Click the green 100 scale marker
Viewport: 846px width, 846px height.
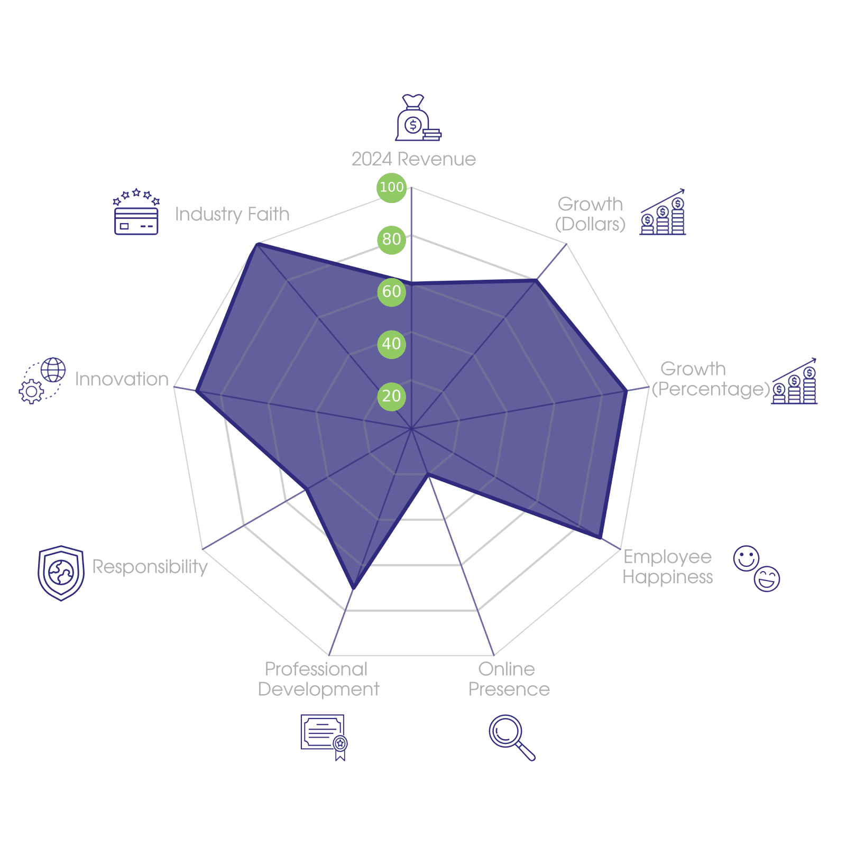click(391, 187)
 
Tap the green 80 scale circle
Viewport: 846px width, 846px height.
click(391, 240)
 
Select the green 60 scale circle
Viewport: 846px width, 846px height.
click(391, 292)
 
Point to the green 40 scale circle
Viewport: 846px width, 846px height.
click(391, 344)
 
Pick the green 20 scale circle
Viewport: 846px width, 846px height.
click(391, 396)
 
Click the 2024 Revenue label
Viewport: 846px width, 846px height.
click(413, 159)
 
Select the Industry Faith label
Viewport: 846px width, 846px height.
click(232, 214)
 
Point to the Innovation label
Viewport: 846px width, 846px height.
click(122, 379)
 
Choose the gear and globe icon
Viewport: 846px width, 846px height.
click(42, 381)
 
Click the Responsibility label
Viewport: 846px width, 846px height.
click(150, 567)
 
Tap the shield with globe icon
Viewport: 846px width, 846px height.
click(61, 573)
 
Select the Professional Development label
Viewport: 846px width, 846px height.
click(318, 679)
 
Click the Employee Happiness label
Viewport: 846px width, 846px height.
click(668, 567)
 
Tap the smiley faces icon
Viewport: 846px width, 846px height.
click(757, 568)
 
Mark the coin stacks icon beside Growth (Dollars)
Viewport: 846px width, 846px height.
click(663, 213)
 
